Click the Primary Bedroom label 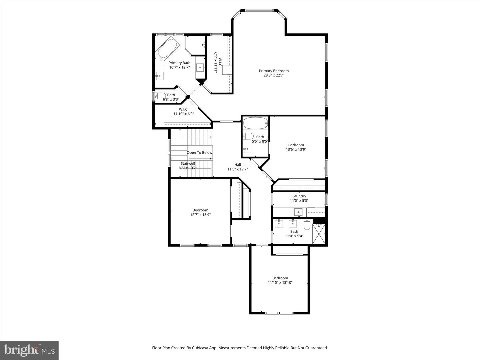coord(274,71)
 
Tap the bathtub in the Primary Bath coord(168,49)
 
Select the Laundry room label coord(299,196)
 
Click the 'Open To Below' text coord(199,153)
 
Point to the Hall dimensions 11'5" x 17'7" coord(237,169)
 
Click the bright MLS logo coord(29,350)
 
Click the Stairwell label coord(188,164)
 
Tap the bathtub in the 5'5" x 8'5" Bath coord(255,123)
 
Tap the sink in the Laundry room coord(298,212)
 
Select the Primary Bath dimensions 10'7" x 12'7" coord(179,67)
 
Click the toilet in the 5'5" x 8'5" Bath coord(248,136)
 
